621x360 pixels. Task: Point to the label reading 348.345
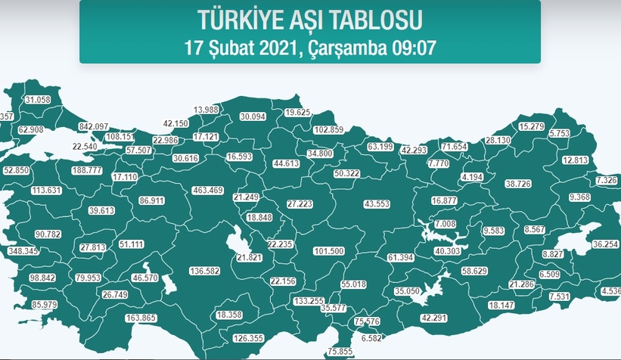(x=22, y=250)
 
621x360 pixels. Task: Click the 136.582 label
(x=204, y=271)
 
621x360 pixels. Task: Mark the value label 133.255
(x=308, y=300)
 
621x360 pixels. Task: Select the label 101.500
(x=328, y=250)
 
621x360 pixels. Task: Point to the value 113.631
(x=45, y=190)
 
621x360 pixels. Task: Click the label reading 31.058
(x=37, y=100)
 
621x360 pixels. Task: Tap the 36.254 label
(x=605, y=244)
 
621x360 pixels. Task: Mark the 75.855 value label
(x=340, y=352)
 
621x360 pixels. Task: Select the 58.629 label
(x=476, y=270)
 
